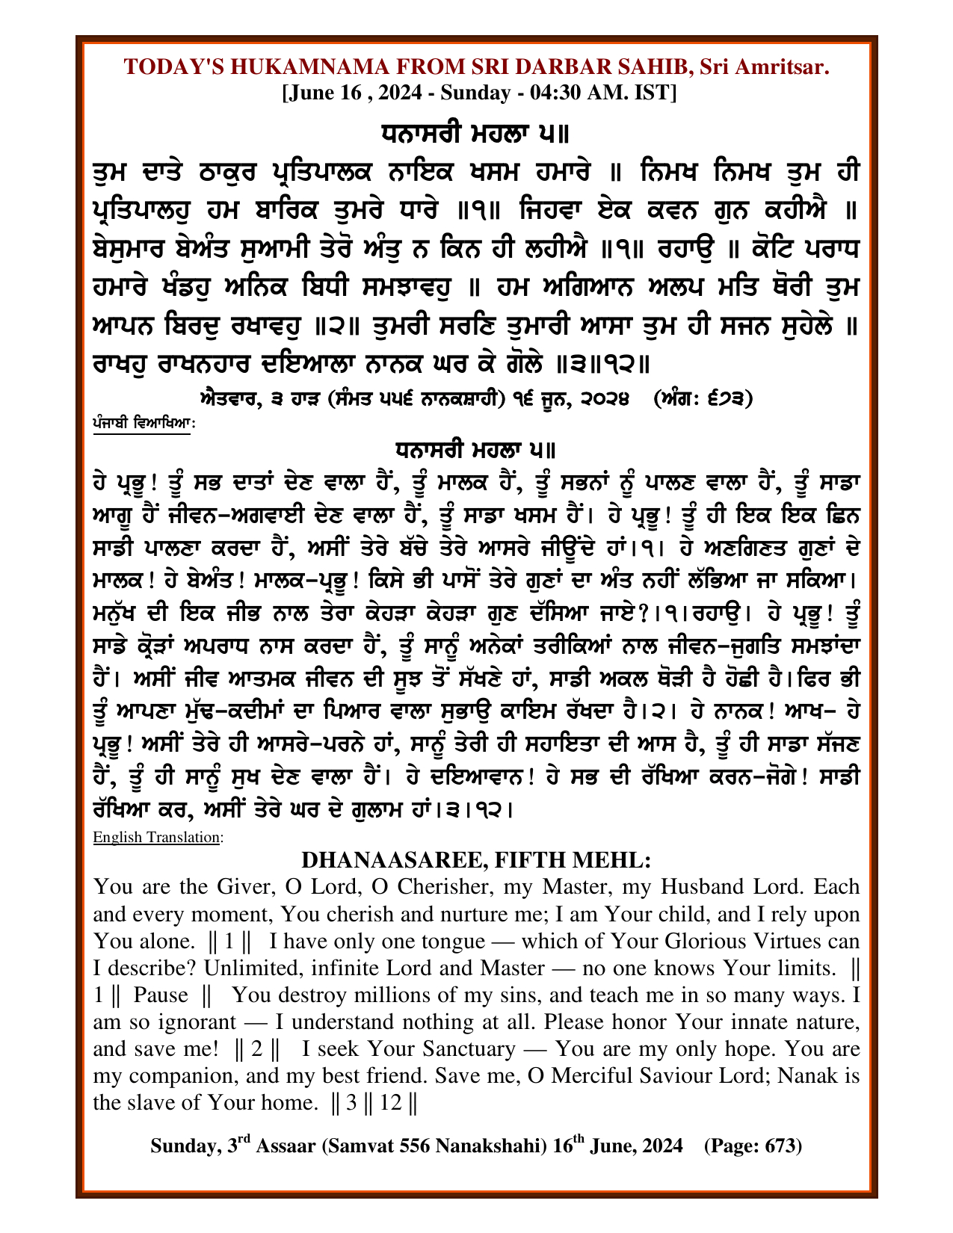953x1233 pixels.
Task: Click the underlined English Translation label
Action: point(156,837)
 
